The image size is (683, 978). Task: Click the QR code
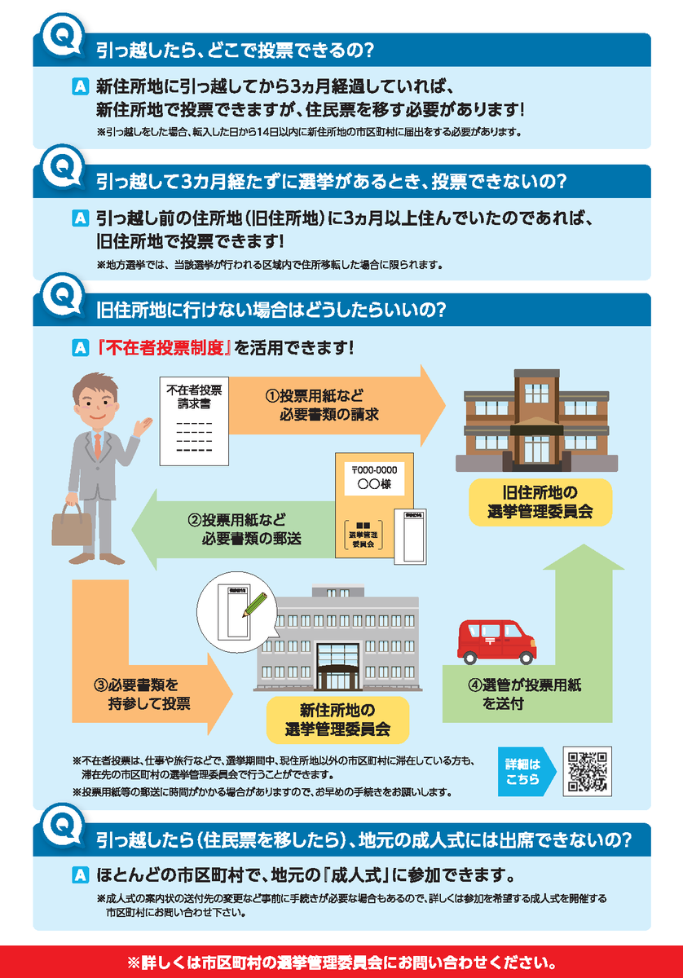pyautogui.click(x=587, y=771)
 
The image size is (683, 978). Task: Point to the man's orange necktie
pyautogui.click(x=97, y=445)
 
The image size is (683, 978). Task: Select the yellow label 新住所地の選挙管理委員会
pyautogui.click(x=337, y=720)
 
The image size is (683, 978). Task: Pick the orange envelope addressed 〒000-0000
pyautogui.click(x=373, y=505)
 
